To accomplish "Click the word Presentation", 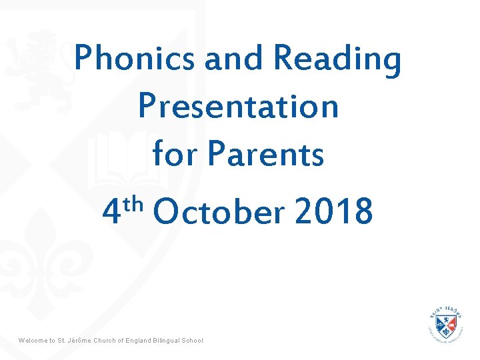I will tap(238, 107).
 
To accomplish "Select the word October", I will tap(218, 212).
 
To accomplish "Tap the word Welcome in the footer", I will tap(33, 341).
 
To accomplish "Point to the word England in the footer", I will tap(140, 341).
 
